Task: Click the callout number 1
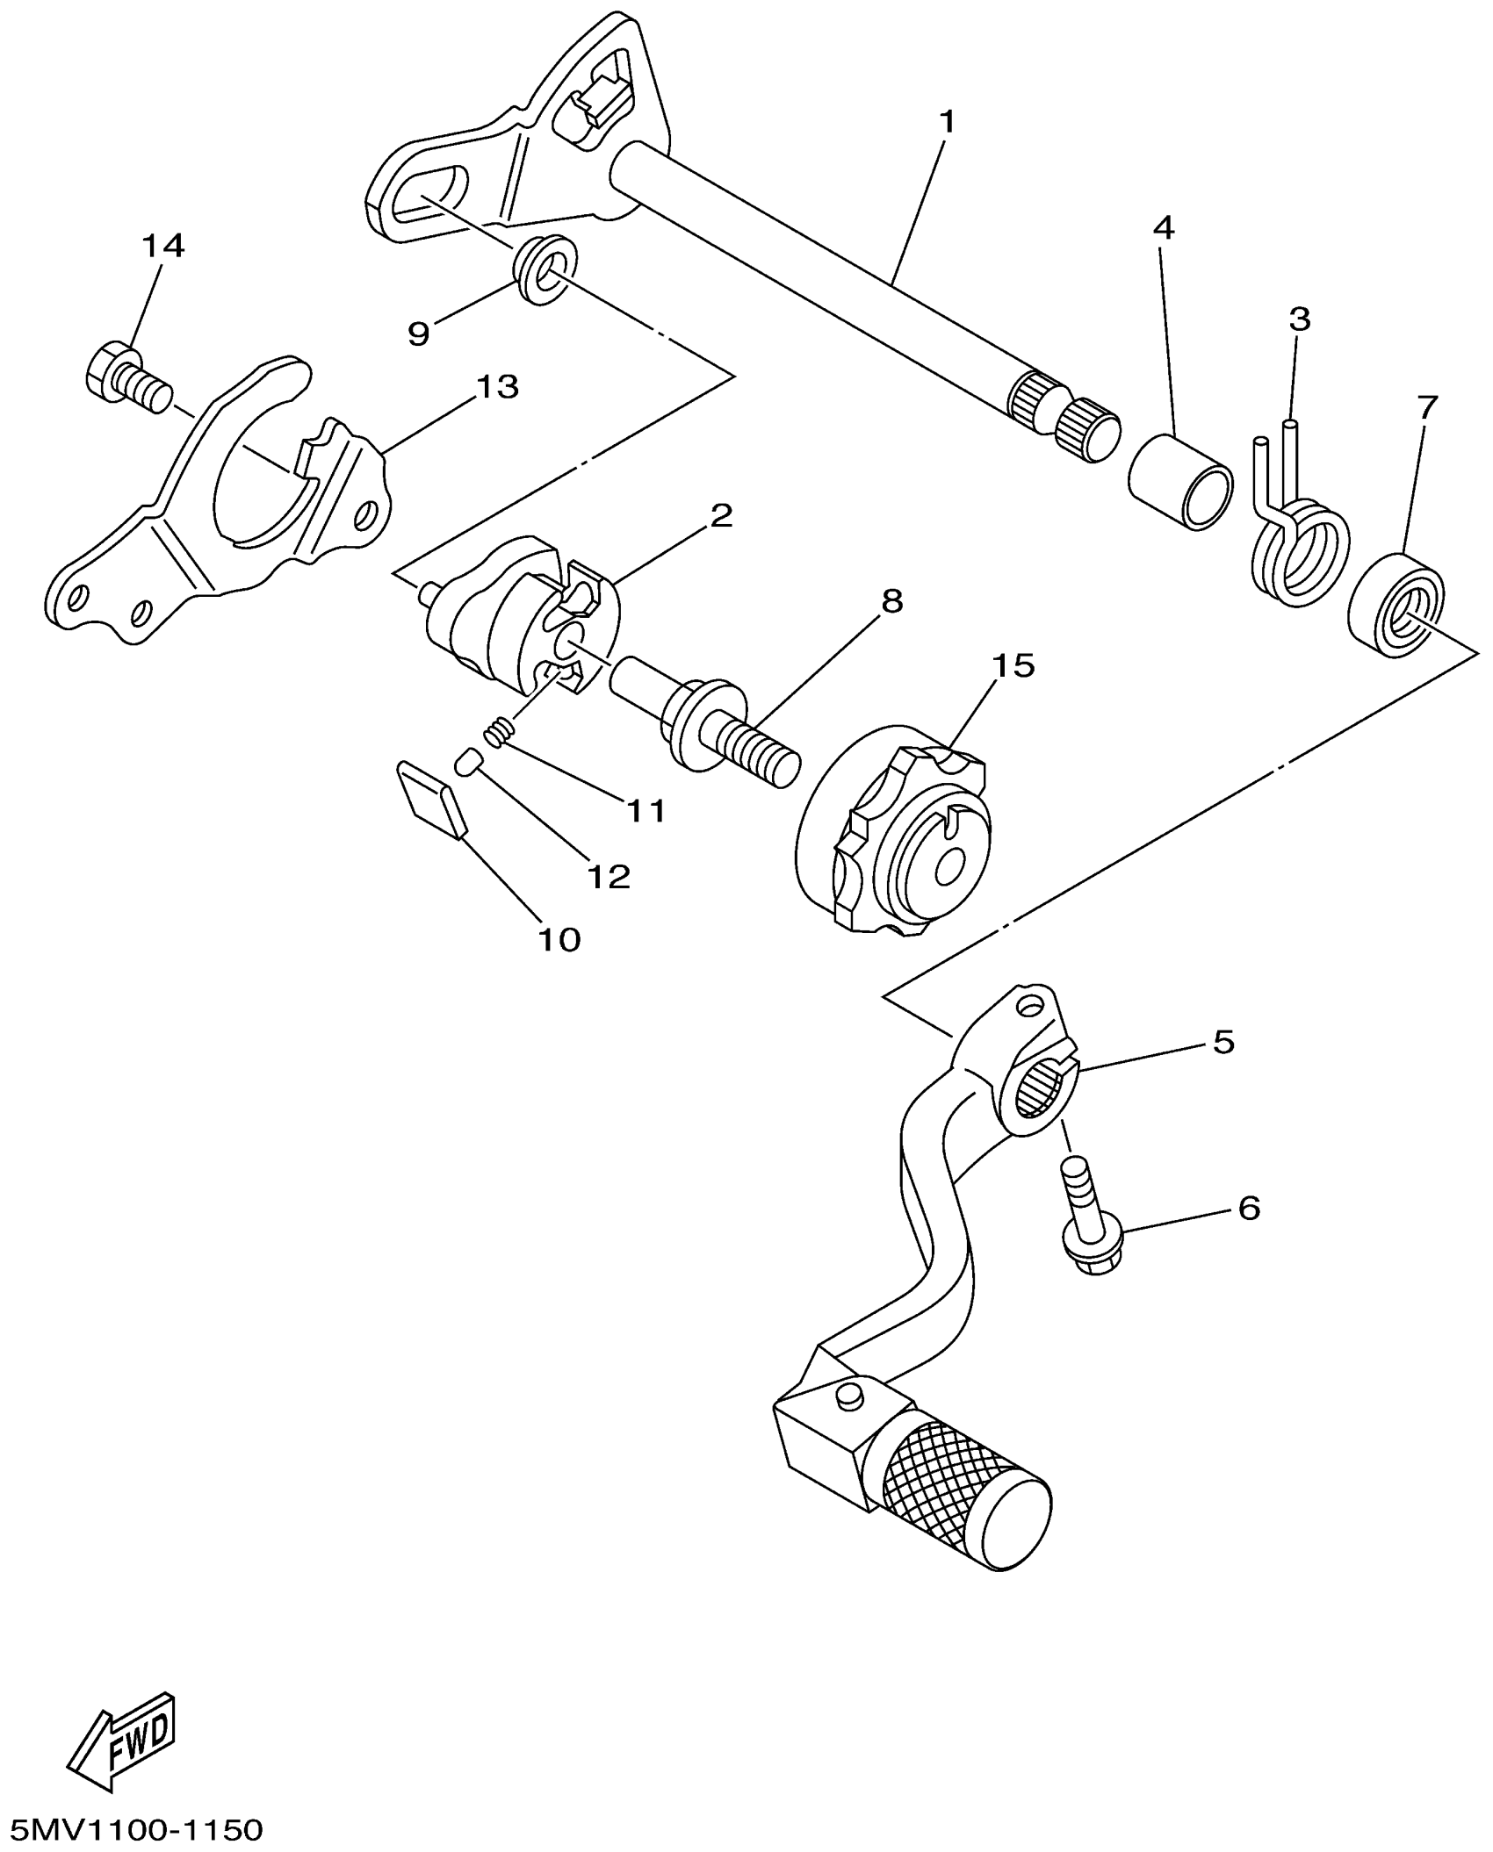tap(946, 122)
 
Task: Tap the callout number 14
tap(163, 247)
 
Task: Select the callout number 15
tap(1013, 665)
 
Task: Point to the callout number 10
tap(559, 940)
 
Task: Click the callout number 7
tap(1427, 406)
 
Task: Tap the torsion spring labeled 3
tap(1298, 544)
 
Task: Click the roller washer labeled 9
tap(545, 272)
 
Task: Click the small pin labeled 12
tap(467, 761)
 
